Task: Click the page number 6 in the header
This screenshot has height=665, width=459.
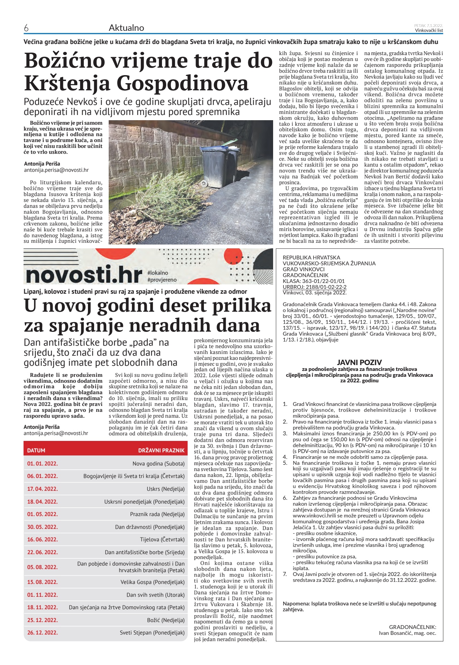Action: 26,28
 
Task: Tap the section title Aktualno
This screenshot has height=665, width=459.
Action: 126,28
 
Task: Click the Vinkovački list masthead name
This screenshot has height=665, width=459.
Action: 429,30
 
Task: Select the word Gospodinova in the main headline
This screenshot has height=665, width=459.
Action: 182,83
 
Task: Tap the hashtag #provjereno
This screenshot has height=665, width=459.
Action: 162,280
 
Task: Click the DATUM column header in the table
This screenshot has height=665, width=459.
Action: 36,450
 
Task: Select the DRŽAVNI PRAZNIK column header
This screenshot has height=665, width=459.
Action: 161,450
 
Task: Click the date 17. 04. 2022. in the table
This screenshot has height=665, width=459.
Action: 43,489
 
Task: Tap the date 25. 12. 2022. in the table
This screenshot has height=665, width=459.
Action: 43,620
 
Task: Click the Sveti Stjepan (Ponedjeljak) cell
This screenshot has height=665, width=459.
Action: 152,632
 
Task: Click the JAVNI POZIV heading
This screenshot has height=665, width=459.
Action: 359,362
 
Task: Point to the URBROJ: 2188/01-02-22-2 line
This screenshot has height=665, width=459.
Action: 314,287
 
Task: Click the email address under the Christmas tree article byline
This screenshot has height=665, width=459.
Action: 56,170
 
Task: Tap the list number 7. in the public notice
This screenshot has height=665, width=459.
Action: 285,574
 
